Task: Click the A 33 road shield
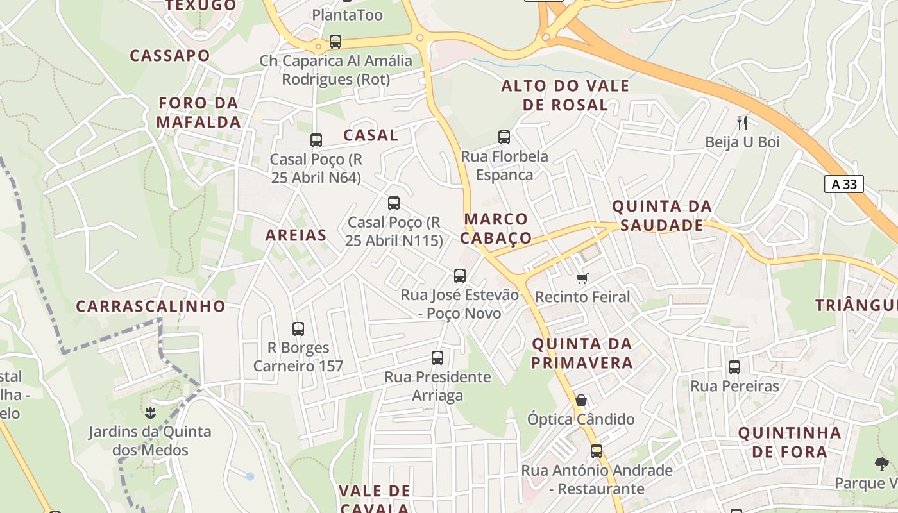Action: (x=843, y=185)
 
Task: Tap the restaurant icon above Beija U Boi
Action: (x=742, y=122)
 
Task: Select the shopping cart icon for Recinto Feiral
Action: (x=582, y=278)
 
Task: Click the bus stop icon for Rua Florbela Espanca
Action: (x=504, y=137)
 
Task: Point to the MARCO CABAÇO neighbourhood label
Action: (x=496, y=228)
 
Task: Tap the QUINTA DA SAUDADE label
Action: (x=662, y=215)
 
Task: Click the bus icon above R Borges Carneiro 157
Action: (x=298, y=329)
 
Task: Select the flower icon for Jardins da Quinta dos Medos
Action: (x=151, y=412)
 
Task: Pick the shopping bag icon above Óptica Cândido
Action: (x=581, y=400)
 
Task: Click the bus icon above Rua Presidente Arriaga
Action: (x=437, y=358)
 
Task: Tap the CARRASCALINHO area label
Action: (x=151, y=307)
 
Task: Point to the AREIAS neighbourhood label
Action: (x=296, y=235)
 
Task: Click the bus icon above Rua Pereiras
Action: (x=734, y=367)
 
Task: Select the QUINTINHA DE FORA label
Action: (x=790, y=442)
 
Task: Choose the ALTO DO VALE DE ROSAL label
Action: (x=565, y=95)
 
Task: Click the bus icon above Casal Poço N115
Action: (x=394, y=203)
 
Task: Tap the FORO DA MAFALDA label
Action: (x=199, y=112)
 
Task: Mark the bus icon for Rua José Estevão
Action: (x=460, y=276)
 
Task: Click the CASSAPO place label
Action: (x=170, y=56)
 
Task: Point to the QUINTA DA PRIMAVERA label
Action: (x=582, y=353)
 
